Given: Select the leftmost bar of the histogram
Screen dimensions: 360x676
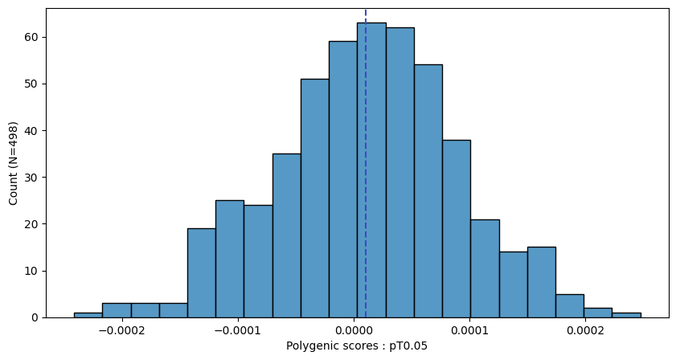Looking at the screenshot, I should click(88, 315).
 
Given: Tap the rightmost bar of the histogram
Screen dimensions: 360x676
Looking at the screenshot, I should click(626, 315).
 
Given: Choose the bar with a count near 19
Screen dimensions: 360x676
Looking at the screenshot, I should click(202, 273).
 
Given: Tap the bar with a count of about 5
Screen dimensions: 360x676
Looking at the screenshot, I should click(570, 306).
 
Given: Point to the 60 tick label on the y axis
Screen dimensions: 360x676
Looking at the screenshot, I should click(31, 38).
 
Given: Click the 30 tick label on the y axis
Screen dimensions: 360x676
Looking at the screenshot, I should click(31, 178).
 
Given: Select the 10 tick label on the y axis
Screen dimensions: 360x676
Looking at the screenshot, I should click(31, 271).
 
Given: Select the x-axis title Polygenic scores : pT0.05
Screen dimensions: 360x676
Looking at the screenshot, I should click(357, 346).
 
